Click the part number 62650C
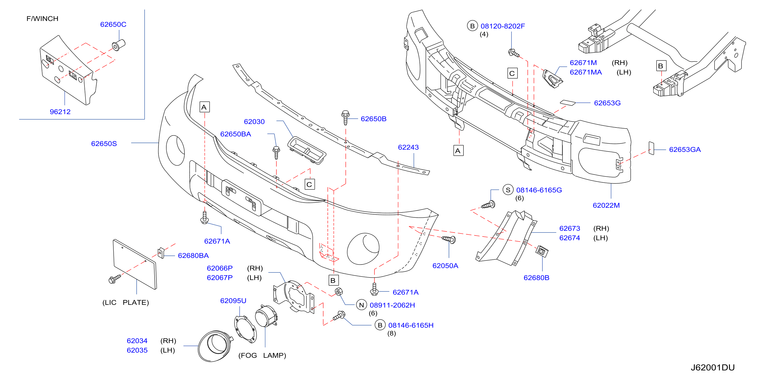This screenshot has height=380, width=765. click(113, 24)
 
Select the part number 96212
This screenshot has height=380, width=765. click(60, 112)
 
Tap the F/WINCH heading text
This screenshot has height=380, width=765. click(42, 19)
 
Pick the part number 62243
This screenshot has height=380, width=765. click(408, 147)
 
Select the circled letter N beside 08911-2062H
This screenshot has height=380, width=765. click(361, 305)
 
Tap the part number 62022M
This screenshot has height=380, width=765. click(606, 205)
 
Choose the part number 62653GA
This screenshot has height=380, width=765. click(685, 150)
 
